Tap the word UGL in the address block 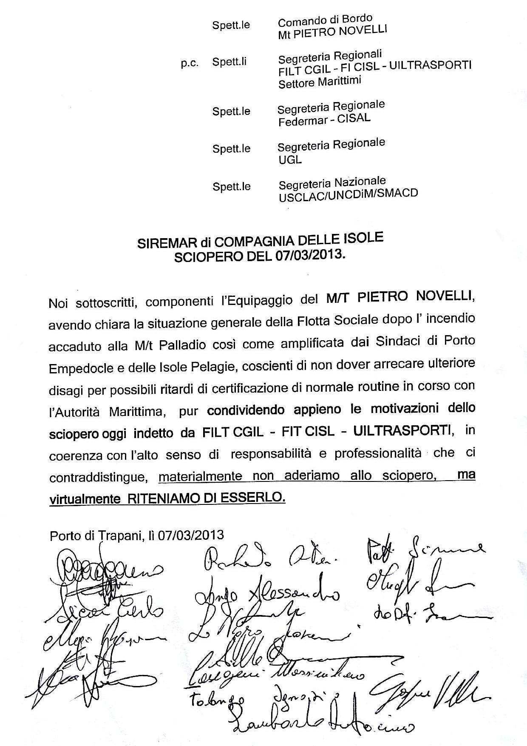[290, 160]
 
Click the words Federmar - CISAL [324, 120]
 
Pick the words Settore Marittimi [320, 82]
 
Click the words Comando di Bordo [325, 20]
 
